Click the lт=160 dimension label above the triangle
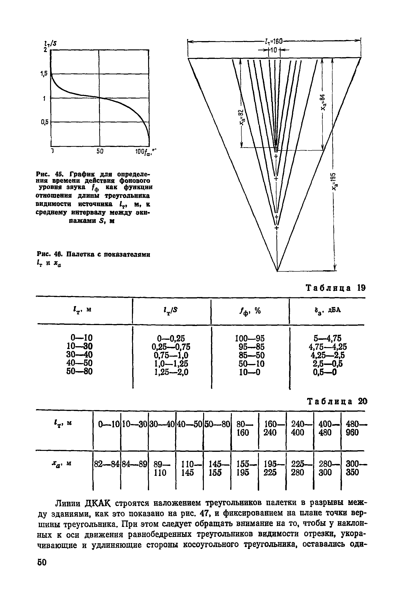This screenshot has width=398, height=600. (x=274, y=41)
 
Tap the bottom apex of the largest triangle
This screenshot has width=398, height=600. (x=277, y=271)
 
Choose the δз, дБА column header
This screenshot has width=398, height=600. (x=328, y=310)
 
